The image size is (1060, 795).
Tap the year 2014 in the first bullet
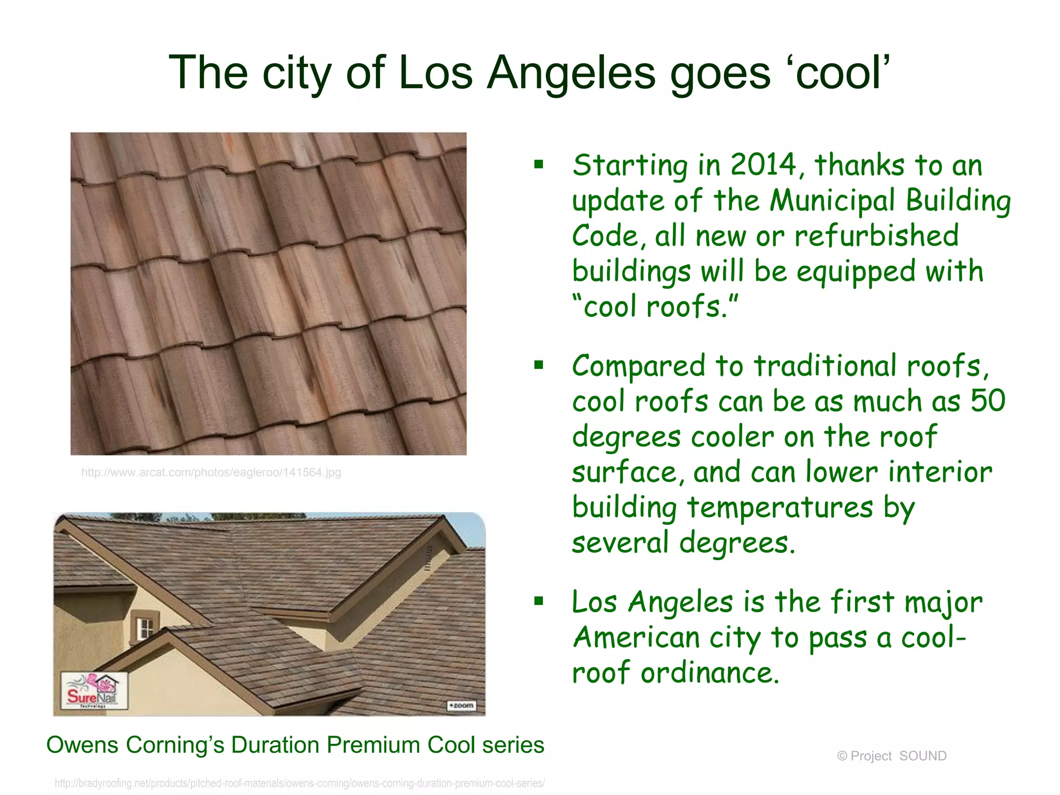tap(763, 166)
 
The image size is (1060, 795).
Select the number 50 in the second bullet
tap(988, 401)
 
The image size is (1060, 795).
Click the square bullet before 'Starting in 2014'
tap(539, 165)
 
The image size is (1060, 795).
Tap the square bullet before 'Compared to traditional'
tap(539, 365)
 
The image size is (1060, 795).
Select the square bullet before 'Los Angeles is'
tap(539, 601)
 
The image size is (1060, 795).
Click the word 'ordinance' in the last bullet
tap(709, 673)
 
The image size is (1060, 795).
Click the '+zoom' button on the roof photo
tap(460, 706)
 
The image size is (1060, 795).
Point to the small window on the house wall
tap(145, 628)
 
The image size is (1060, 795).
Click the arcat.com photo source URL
tap(211, 473)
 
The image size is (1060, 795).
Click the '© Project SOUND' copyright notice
tap(891, 756)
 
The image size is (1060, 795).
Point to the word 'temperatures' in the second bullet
tap(780, 507)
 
